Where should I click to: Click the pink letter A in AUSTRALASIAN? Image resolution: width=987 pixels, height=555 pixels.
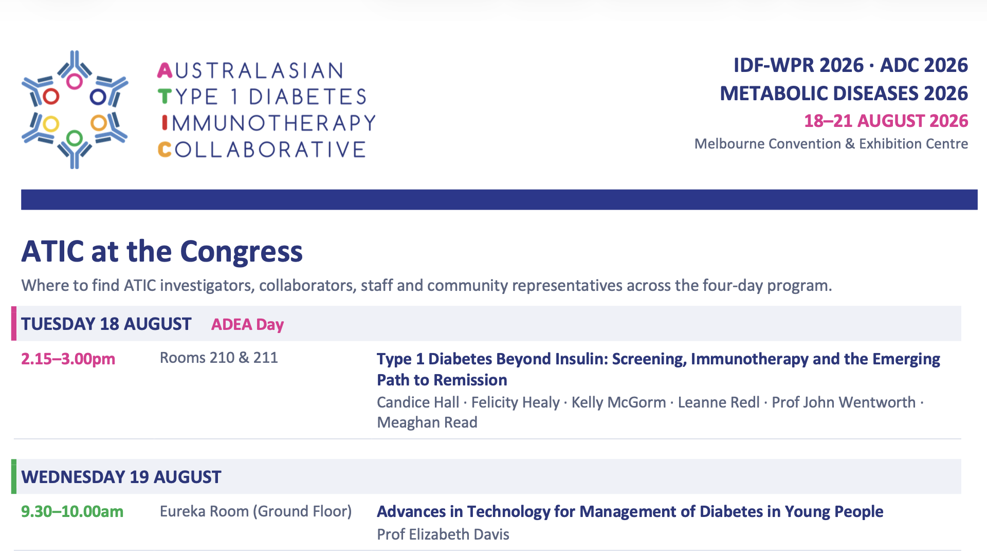(x=165, y=70)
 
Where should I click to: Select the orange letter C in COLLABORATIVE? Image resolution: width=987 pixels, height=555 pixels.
(x=164, y=150)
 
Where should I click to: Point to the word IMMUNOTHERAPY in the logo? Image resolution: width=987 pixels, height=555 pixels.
(x=269, y=123)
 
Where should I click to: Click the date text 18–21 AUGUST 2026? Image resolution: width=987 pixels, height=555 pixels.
(x=886, y=121)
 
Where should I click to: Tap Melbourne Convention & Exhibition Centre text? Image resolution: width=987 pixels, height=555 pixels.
(x=831, y=143)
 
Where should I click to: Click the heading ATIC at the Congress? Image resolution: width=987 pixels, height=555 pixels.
(x=162, y=251)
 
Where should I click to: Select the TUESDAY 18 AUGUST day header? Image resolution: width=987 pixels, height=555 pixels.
(x=106, y=324)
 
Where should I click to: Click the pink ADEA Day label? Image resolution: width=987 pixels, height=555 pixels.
(x=247, y=324)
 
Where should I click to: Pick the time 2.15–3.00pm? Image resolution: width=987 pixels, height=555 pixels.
(x=68, y=359)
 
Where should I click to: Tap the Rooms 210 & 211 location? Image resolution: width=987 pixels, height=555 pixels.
(x=218, y=358)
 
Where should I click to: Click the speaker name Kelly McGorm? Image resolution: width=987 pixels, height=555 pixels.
(x=618, y=402)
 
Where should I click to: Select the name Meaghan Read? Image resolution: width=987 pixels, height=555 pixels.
(x=427, y=422)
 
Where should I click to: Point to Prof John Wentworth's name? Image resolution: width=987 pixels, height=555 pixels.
(x=844, y=402)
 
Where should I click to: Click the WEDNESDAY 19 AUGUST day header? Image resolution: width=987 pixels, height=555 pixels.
(x=121, y=477)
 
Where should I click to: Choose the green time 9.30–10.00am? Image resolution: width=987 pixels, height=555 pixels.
(x=72, y=511)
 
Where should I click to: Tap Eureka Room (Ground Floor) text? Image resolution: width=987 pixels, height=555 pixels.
(x=255, y=511)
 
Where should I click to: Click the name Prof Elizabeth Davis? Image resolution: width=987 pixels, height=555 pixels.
(x=443, y=534)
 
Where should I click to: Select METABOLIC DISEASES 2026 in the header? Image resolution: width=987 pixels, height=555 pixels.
(x=844, y=93)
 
